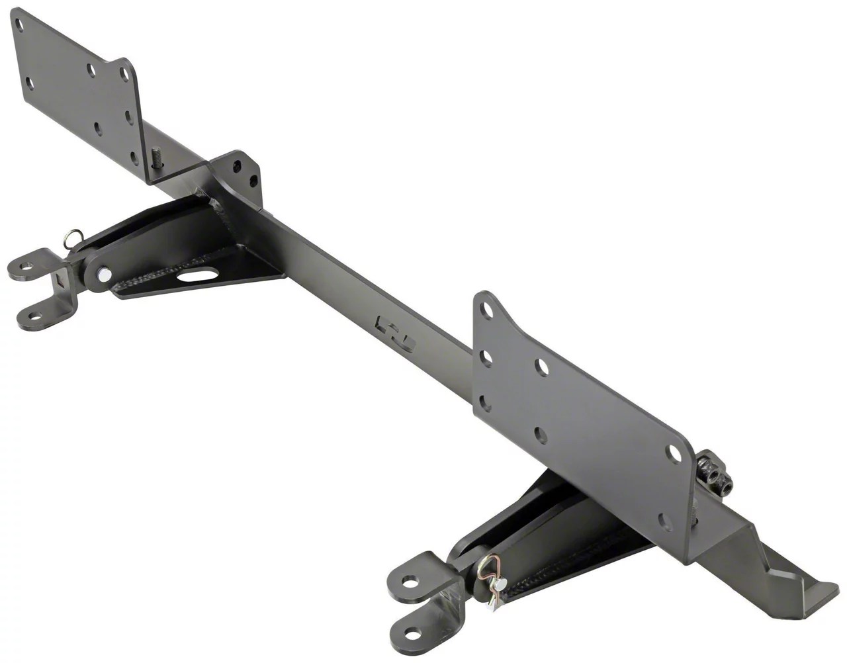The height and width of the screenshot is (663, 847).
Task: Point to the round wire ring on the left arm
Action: click(x=73, y=236)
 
